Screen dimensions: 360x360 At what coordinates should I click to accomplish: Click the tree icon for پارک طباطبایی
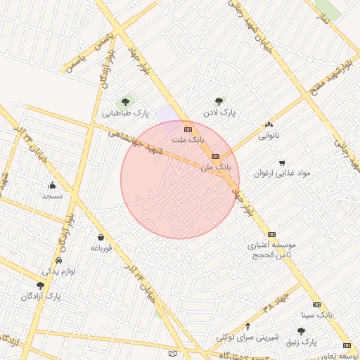126,103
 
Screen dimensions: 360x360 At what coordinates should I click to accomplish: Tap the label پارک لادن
218,112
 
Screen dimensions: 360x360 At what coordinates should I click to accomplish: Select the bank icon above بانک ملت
188,129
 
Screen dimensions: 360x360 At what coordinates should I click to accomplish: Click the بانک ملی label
215,167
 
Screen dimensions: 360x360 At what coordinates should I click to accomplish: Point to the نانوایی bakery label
267,134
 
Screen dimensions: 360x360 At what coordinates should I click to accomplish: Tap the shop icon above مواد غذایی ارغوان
282,162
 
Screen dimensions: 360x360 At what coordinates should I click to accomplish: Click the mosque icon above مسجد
52,186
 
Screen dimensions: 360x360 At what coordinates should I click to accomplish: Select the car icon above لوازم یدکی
57,259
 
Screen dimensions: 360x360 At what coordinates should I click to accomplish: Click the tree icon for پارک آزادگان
40,285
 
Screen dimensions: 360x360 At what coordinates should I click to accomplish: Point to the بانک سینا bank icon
316,304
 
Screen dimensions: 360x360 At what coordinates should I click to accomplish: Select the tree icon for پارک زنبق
302,331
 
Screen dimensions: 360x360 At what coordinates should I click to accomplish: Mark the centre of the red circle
179,179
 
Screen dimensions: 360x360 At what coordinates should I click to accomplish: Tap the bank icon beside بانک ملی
215,156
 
